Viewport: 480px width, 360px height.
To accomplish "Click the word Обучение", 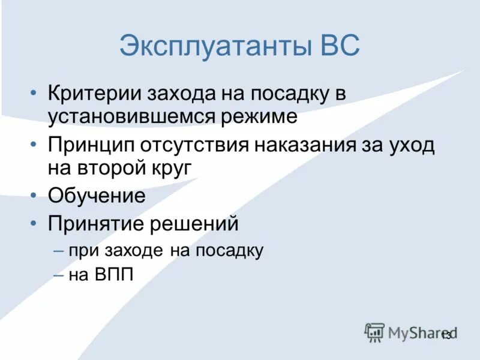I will (x=97, y=196).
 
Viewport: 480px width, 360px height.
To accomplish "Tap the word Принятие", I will (x=92, y=224).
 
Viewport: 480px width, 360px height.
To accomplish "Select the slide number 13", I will (x=446, y=335).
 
